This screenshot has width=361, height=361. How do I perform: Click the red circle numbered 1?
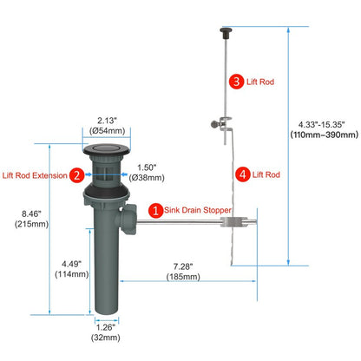coord(155,210)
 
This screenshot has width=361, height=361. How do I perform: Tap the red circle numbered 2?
coord(76,175)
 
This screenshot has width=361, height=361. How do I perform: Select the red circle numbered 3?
coord(236,82)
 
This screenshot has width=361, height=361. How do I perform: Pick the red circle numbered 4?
coord(242,174)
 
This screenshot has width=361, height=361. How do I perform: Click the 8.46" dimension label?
coord(31,213)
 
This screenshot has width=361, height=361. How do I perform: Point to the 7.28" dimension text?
coord(183,266)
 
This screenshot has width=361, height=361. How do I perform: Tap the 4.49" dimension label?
coord(71,264)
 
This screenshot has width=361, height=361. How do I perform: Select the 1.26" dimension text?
coord(106,327)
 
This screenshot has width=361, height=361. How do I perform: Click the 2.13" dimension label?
coord(107,121)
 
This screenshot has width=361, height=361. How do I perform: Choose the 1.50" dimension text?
coord(147,167)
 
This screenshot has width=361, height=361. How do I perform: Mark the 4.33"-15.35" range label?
coord(322,125)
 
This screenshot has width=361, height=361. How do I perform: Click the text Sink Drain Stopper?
coord(198,210)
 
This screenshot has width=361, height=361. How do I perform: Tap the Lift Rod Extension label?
coord(35,175)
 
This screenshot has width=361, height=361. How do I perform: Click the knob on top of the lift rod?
coord(226,33)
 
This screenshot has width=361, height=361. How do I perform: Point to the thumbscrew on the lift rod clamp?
coord(216,124)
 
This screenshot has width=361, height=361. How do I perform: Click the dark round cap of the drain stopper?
coord(106,149)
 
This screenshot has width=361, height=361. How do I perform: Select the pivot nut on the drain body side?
coord(128,220)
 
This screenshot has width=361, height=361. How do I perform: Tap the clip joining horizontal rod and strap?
coord(233,221)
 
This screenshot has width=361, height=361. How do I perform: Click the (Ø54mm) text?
coord(108,131)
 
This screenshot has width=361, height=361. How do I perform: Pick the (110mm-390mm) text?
coord(325,135)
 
